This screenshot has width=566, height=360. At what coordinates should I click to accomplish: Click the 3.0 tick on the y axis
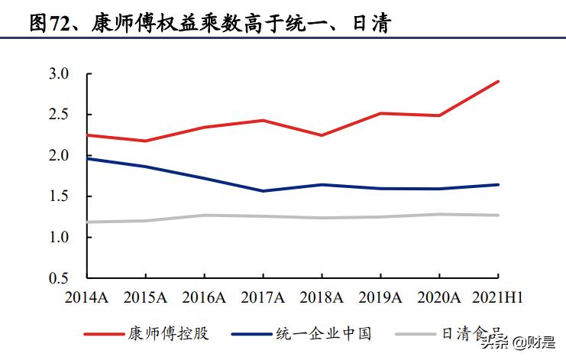point(59,74)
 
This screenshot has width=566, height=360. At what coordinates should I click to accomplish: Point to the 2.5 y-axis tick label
point(59,115)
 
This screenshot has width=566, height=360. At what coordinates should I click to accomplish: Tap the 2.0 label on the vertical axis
point(59,156)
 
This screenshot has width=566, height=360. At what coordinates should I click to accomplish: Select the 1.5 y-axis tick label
point(59,196)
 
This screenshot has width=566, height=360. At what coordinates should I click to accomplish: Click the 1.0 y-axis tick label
point(59,238)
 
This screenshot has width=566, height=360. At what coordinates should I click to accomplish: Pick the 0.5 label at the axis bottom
point(59,278)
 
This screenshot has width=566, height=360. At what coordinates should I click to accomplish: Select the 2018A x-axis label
point(321,297)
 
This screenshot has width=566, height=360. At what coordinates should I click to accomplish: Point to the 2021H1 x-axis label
point(496,297)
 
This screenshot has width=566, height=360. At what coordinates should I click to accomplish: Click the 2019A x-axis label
point(380,297)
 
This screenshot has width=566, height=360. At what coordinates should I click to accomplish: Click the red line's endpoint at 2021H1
point(499,81)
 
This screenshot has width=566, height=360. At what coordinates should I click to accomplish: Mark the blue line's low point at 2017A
point(263,191)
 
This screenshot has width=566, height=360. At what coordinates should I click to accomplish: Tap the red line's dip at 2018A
point(322,135)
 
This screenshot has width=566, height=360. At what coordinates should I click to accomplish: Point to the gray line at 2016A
point(204,216)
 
